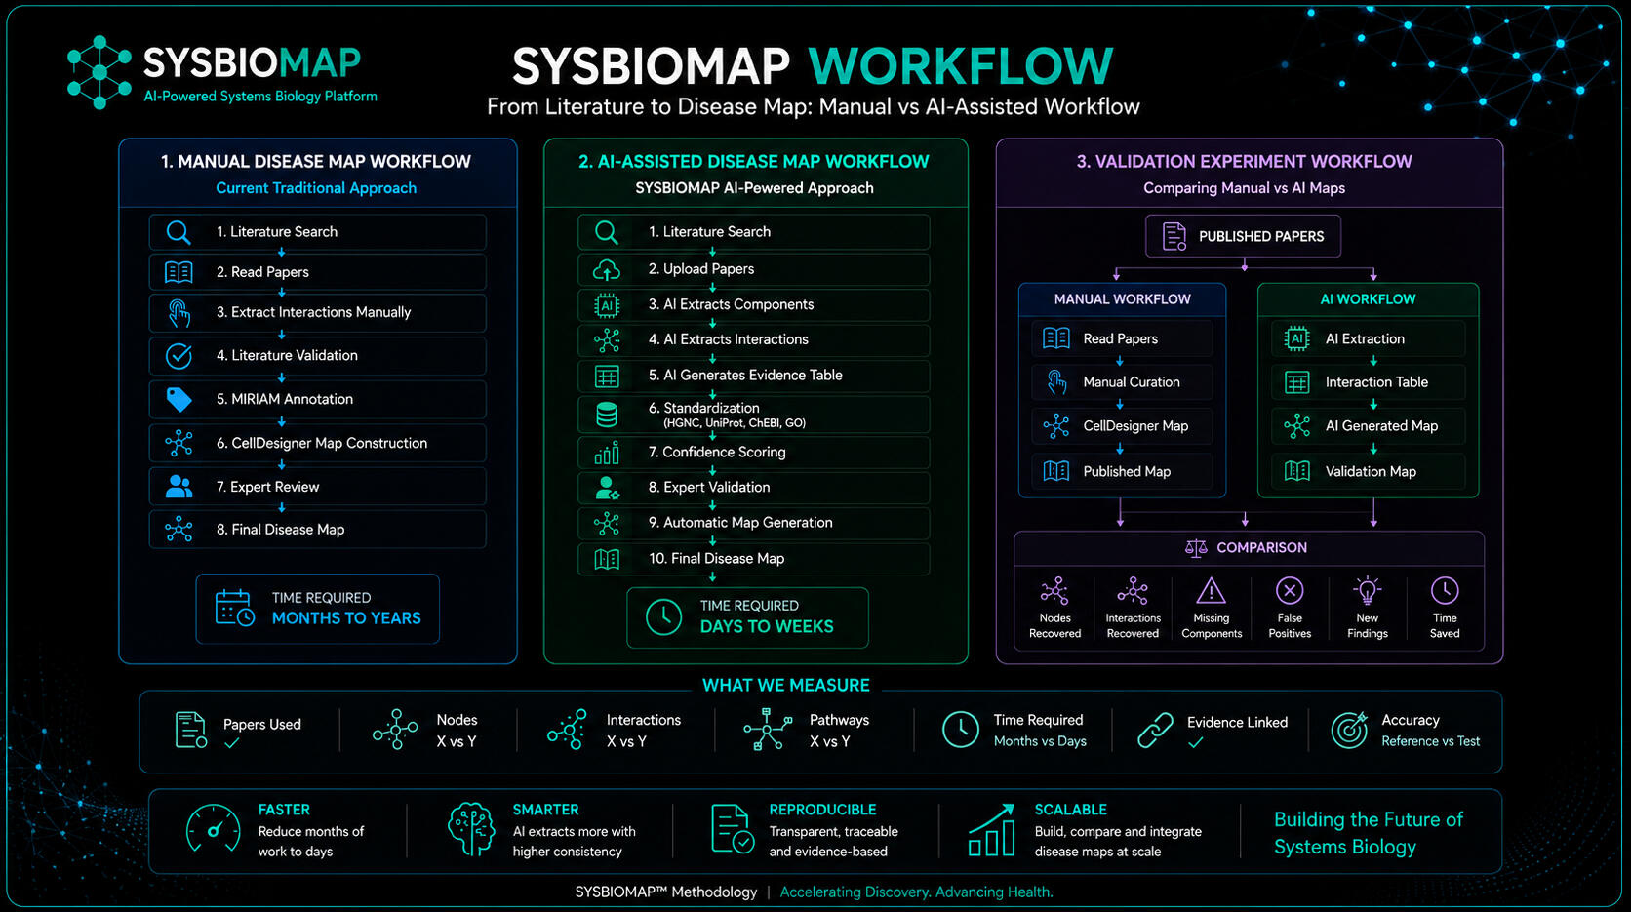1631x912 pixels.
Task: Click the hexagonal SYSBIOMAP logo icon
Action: point(99,72)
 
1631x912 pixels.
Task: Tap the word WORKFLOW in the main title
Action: point(961,66)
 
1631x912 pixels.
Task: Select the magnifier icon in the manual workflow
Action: point(179,232)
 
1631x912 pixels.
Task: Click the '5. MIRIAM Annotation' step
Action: point(317,399)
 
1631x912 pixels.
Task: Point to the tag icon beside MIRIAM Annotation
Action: point(179,399)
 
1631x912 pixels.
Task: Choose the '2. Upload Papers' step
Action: point(754,269)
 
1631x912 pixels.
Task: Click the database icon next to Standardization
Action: point(607,415)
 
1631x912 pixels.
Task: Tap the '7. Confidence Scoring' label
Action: point(716,452)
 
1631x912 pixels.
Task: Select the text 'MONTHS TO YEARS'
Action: point(346,618)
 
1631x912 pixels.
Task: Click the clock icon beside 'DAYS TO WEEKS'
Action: point(663,617)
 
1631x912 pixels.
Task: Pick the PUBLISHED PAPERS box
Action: point(1243,236)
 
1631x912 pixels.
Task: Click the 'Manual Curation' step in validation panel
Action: point(1122,382)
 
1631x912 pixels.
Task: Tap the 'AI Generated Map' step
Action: point(1369,426)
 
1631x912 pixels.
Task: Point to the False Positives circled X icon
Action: point(1290,590)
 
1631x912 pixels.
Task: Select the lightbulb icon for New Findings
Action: point(1367,590)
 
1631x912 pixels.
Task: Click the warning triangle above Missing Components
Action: point(1211,590)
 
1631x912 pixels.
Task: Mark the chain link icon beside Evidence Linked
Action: point(1156,730)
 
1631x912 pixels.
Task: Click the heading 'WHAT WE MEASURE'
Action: point(785,685)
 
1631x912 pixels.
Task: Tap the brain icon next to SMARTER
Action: point(471,829)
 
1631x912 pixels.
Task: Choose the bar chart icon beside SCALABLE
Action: point(992,829)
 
